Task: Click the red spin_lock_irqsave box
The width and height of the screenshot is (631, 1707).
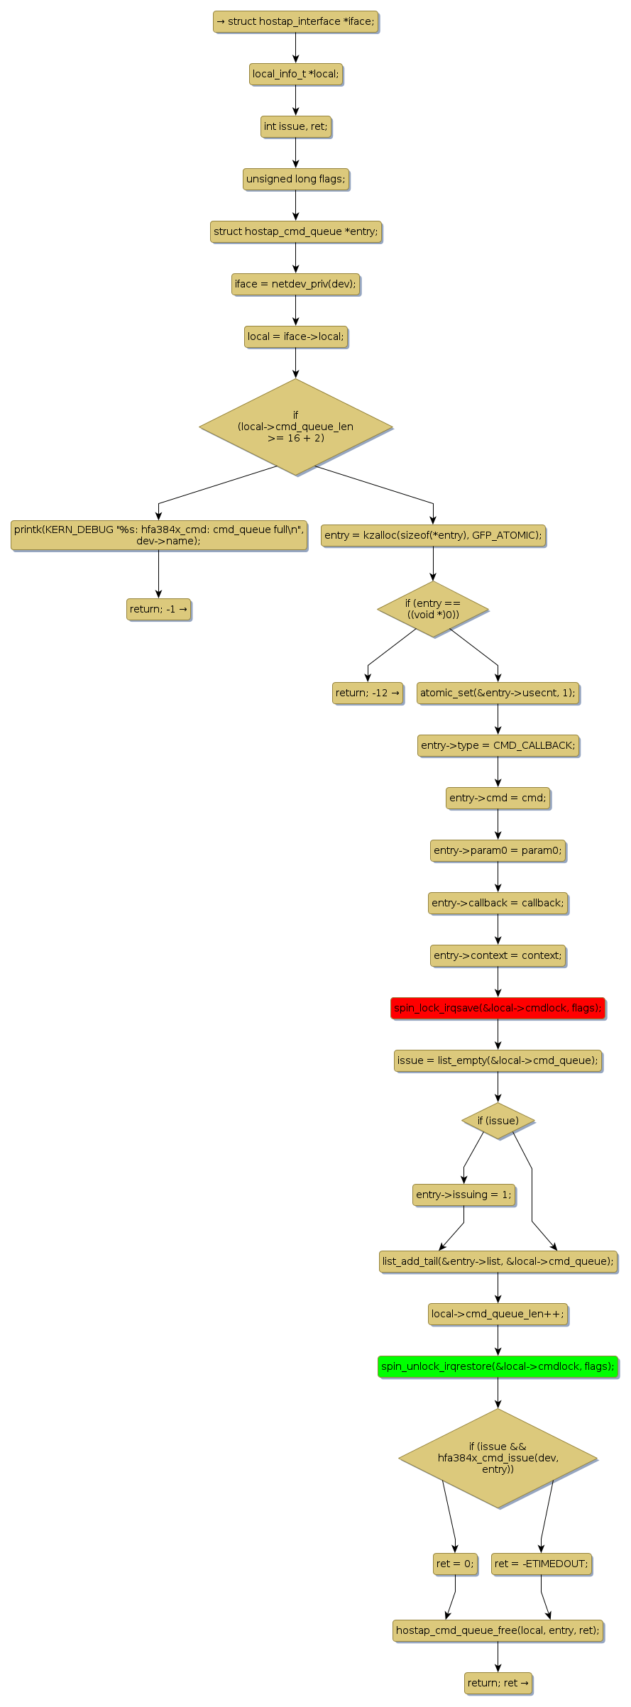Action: [498, 1008]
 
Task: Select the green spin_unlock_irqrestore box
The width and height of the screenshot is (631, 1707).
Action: [498, 1366]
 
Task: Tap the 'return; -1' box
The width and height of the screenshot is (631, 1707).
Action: [158, 609]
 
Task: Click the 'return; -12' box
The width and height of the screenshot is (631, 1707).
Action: [368, 693]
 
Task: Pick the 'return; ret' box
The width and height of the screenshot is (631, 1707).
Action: [498, 1683]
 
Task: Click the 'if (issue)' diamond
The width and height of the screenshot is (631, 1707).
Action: [498, 1121]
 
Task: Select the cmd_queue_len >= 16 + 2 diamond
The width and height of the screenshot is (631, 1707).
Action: [295, 427]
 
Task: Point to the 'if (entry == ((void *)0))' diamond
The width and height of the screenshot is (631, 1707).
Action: [433, 609]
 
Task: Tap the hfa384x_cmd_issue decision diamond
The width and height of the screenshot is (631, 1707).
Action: [498, 1458]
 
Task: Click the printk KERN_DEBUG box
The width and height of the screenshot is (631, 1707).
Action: [158, 535]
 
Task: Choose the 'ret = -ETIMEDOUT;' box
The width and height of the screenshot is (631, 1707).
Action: [541, 1564]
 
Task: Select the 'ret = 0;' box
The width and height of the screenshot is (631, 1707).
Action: [455, 1564]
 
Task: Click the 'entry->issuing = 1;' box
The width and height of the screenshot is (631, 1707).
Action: [463, 1195]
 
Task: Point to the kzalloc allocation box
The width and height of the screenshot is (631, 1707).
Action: [433, 535]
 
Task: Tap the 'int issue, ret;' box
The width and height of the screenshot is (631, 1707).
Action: [295, 126]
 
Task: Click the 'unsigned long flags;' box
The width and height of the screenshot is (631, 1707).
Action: [295, 179]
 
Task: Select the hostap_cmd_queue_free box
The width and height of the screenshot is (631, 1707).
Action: [498, 1630]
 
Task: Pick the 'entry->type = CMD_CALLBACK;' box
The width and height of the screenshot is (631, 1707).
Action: [498, 745]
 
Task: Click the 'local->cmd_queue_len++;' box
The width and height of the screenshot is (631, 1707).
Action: [498, 1314]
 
